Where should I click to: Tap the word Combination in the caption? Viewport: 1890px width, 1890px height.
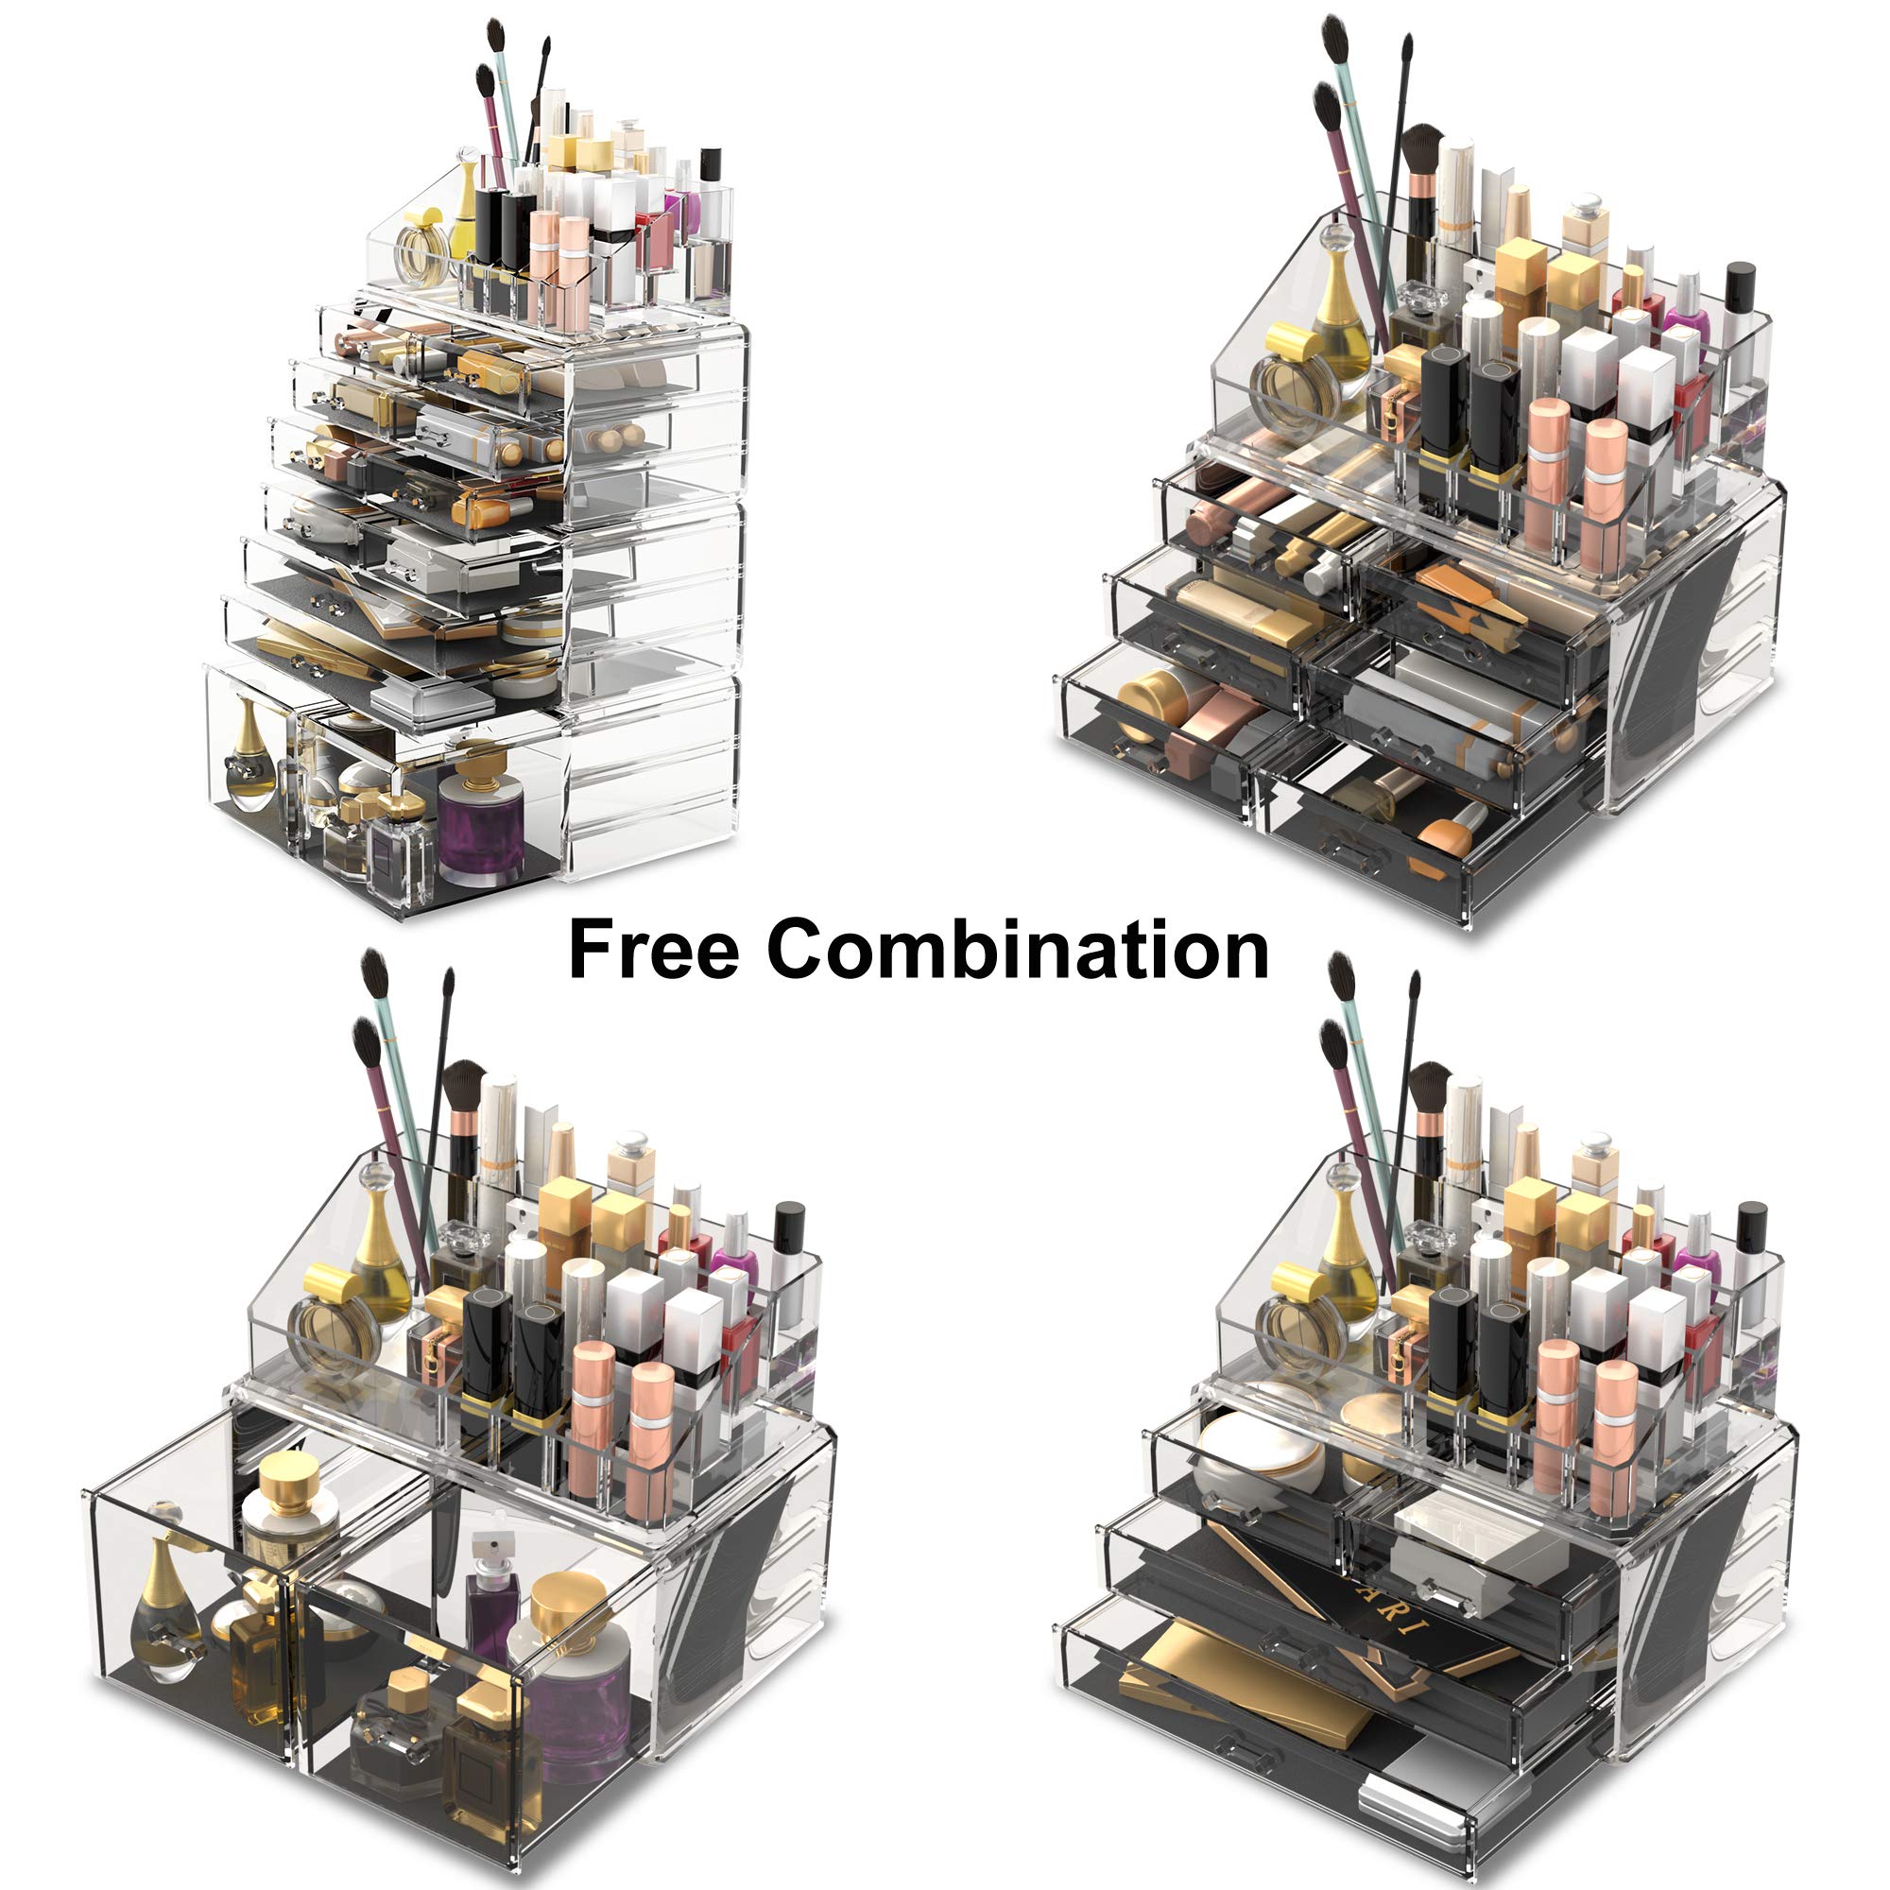point(1018,949)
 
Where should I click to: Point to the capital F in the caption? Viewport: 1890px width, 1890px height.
point(588,949)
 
